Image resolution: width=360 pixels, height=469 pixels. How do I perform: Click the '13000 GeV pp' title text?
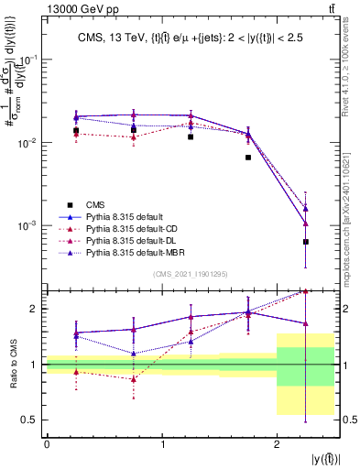tap(40, 8)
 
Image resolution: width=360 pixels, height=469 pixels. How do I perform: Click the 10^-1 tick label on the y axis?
tap(27, 60)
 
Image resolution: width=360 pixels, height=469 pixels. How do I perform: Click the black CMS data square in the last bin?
tap(305, 242)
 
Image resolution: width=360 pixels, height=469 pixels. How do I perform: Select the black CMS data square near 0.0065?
tap(248, 158)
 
